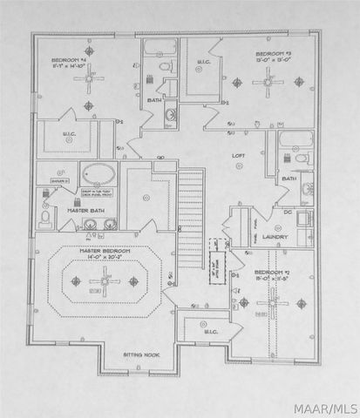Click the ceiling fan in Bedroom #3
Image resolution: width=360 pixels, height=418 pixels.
point(267,83)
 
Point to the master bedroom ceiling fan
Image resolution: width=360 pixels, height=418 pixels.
point(104,280)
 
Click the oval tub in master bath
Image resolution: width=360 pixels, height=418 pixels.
point(98,174)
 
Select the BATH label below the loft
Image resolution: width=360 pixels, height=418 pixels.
point(288,179)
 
